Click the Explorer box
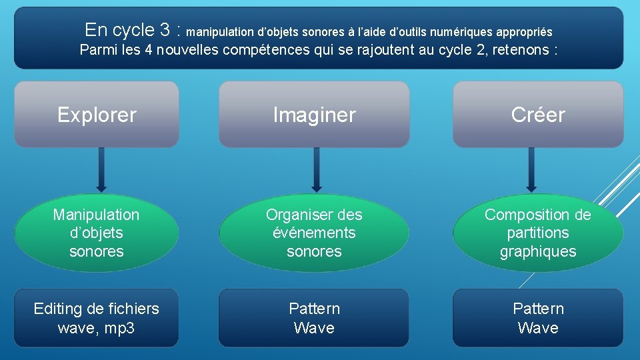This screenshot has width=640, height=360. coord(97,115)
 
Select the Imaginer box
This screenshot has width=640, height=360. coord(314,115)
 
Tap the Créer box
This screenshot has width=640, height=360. coord(538,115)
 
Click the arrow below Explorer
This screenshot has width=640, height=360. coord(101,170)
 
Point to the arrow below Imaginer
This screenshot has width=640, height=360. coord(317,170)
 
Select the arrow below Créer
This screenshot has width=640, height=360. coord(531,170)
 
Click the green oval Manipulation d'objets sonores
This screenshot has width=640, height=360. coord(97,233)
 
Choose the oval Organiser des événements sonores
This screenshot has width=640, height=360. coord(314,233)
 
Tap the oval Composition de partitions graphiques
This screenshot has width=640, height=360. coord(538,233)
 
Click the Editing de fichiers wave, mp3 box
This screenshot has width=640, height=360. coord(97,318)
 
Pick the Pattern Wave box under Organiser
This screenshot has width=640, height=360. coord(314,318)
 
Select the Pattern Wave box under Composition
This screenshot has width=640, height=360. coord(538,318)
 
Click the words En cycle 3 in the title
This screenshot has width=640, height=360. coord(133,30)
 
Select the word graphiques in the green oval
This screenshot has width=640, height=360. coord(538,251)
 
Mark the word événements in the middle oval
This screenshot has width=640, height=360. coord(314,233)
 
